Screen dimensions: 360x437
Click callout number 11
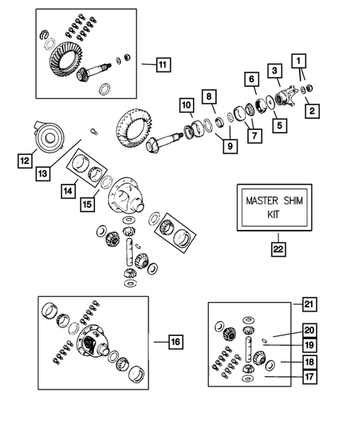[x=163, y=65]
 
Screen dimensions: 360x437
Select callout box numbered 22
[x=278, y=249]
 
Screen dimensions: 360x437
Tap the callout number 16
[x=176, y=342]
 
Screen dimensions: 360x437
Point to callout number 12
[x=24, y=160]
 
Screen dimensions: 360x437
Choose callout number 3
[x=275, y=70]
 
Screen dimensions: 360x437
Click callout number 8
[x=209, y=96]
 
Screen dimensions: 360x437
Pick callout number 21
[x=309, y=304]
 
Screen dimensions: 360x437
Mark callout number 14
[x=68, y=191]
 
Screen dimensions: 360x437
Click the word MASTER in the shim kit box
[x=262, y=200]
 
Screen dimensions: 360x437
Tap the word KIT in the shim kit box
[x=274, y=214]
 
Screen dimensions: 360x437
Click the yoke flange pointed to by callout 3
[x=285, y=96]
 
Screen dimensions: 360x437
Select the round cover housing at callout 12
[x=49, y=137]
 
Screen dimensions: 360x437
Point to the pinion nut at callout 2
[x=309, y=88]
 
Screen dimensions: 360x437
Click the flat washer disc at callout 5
[x=270, y=102]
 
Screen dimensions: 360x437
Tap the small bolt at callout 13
[x=94, y=131]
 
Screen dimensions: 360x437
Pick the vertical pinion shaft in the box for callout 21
[x=249, y=349]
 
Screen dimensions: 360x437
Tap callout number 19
[x=310, y=345]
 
